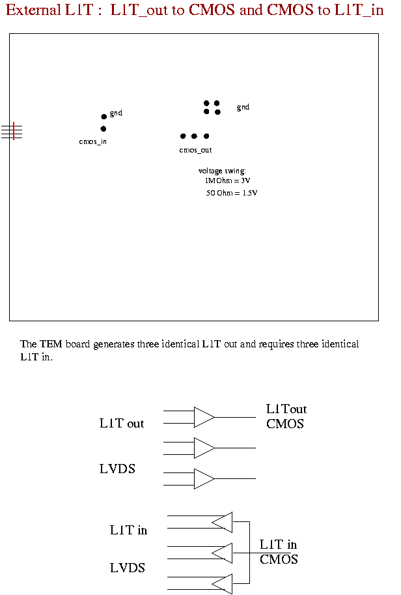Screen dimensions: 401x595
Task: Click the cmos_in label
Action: click(93, 141)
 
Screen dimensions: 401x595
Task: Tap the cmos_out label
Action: click(195, 151)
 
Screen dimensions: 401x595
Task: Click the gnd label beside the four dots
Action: click(243, 107)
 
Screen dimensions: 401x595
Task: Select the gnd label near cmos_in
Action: click(116, 113)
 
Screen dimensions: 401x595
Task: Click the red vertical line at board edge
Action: click(14, 131)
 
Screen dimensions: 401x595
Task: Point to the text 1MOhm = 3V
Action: click(227, 181)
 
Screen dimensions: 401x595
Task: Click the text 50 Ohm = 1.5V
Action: click(232, 193)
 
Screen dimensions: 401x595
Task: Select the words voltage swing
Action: click(222, 171)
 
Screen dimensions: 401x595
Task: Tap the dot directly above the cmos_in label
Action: click(103, 129)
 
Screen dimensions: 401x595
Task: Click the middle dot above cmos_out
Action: click(194, 136)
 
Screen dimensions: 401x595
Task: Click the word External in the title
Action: click(33, 10)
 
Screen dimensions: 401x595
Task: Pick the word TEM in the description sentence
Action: click(51, 344)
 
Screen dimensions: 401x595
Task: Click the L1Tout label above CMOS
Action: click(286, 409)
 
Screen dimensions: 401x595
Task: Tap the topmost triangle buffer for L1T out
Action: click(204, 417)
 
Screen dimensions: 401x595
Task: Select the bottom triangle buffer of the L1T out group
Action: click(204, 479)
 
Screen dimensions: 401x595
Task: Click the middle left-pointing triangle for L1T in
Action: click(222, 553)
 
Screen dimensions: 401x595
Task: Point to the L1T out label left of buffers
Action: click(122, 423)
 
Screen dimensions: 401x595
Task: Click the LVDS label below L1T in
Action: click(128, 568)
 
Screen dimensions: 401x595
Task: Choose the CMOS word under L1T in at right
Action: click(279, 559)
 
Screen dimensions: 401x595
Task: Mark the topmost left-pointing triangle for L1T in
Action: click(222, 522)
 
